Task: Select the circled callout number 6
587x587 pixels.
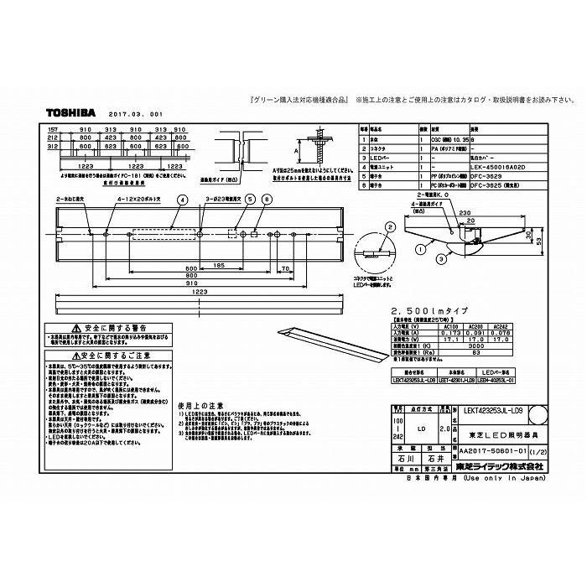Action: (268, 199)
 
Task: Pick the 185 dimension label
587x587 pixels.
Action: (219, 265)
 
